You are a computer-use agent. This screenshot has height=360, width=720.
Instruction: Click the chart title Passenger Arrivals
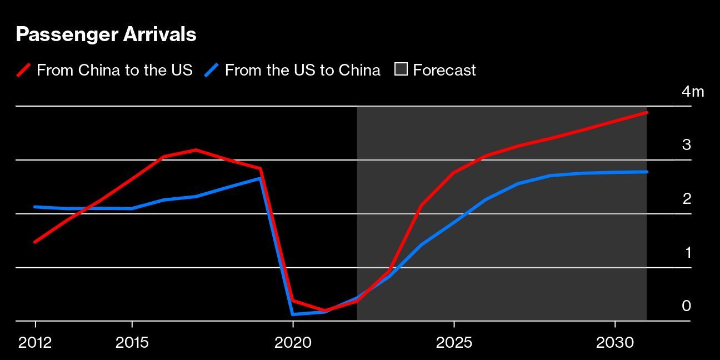106,34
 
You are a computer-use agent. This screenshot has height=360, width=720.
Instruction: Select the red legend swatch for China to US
23,71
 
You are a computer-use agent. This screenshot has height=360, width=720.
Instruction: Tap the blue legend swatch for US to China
212,71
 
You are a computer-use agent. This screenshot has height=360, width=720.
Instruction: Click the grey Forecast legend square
401,69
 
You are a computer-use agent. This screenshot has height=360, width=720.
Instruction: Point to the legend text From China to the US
114,71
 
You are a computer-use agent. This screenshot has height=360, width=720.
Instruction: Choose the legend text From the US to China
303,71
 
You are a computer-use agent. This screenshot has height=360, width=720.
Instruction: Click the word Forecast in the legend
444,71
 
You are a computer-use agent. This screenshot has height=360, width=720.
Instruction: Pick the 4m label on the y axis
693,92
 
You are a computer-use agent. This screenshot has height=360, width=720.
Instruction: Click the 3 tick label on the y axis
687,145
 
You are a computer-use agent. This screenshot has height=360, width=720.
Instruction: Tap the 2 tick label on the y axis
687,199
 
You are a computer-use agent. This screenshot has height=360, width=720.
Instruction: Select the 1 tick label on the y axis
687,253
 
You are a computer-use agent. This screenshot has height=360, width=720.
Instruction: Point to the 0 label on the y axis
687,306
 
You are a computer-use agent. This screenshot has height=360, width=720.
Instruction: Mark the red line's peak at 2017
196,150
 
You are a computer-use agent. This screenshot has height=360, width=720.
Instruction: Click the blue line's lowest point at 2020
293,314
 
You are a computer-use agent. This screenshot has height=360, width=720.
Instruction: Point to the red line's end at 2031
647,113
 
